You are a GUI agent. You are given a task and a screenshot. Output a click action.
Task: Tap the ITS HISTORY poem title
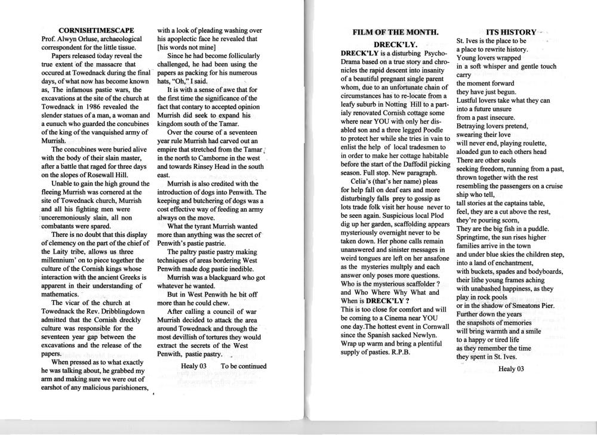click(511, 32)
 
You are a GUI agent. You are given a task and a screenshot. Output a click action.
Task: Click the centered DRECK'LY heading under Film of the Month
click(395, 44)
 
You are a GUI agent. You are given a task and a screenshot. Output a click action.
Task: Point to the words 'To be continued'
click(244, 366)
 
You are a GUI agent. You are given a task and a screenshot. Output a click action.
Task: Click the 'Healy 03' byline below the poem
click(510, 368)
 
